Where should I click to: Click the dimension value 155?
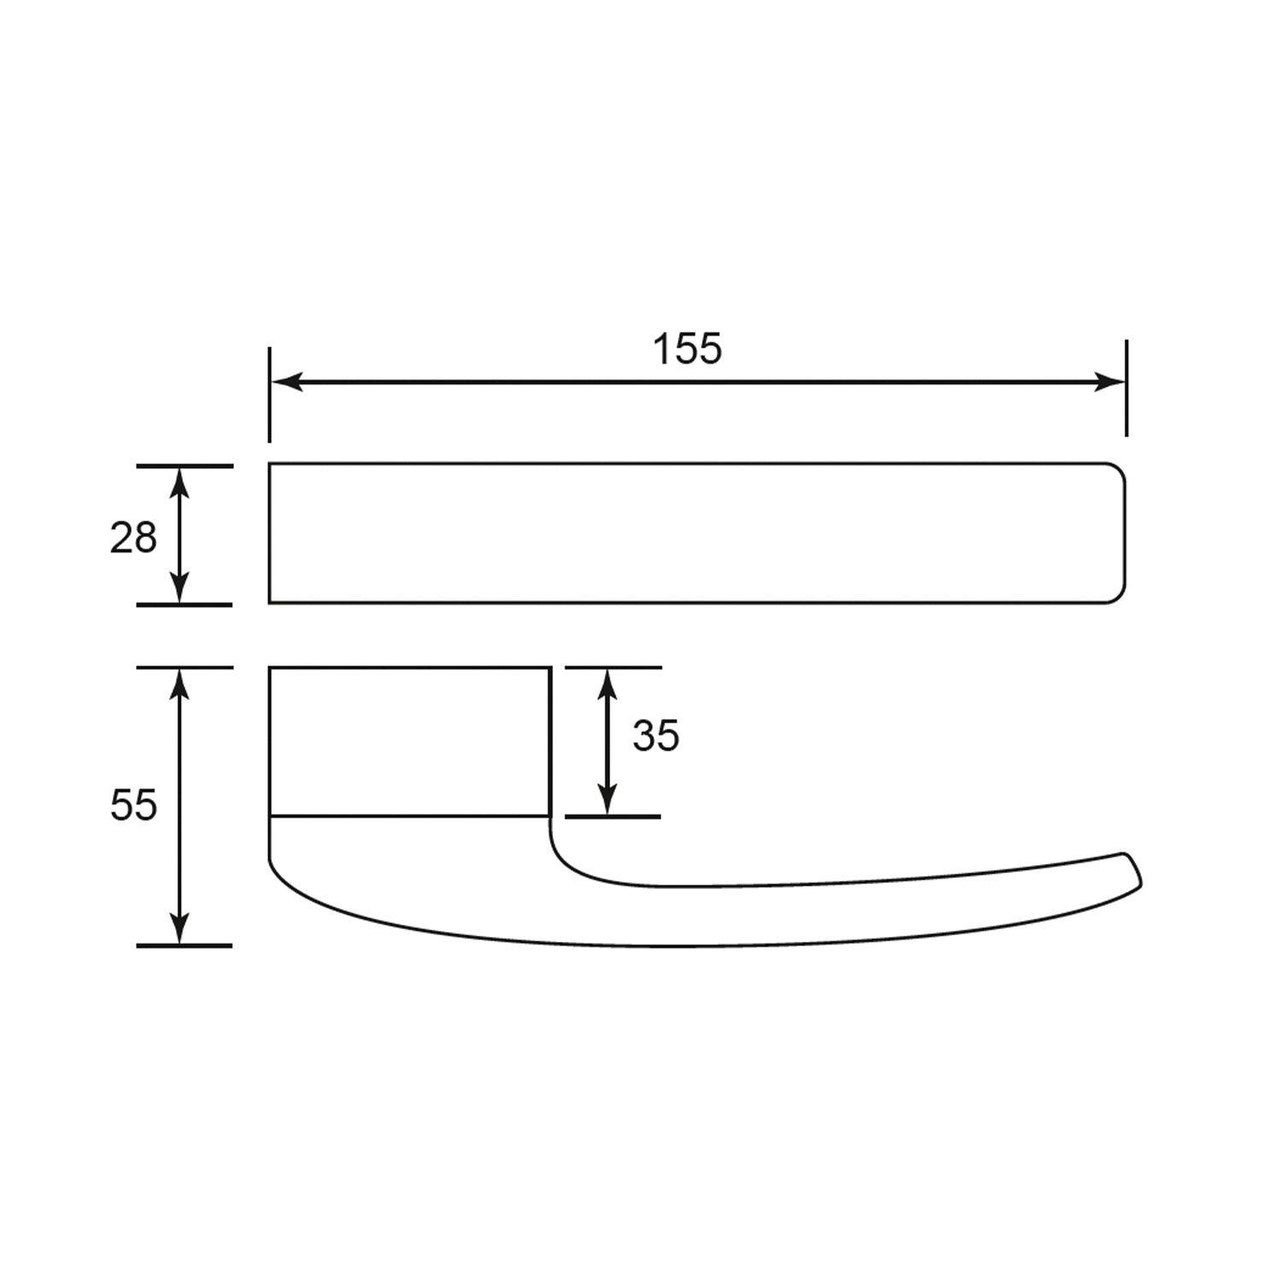click(x=687, y=348)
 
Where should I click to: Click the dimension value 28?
click(x=133, y=538)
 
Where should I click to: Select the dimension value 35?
click(x=656, y=735)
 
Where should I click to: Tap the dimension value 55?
click(x=134, y=804)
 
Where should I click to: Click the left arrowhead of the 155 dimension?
click(x=286, y=382)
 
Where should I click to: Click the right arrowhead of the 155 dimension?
click(x=1109, y=382)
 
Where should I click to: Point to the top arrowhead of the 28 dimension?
click(x=179, y=483)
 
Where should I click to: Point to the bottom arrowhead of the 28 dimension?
click(x=179, y=588)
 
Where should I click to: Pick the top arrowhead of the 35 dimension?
click(x=606, y=685)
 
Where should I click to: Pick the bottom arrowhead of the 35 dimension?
click(x=606, y=799)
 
